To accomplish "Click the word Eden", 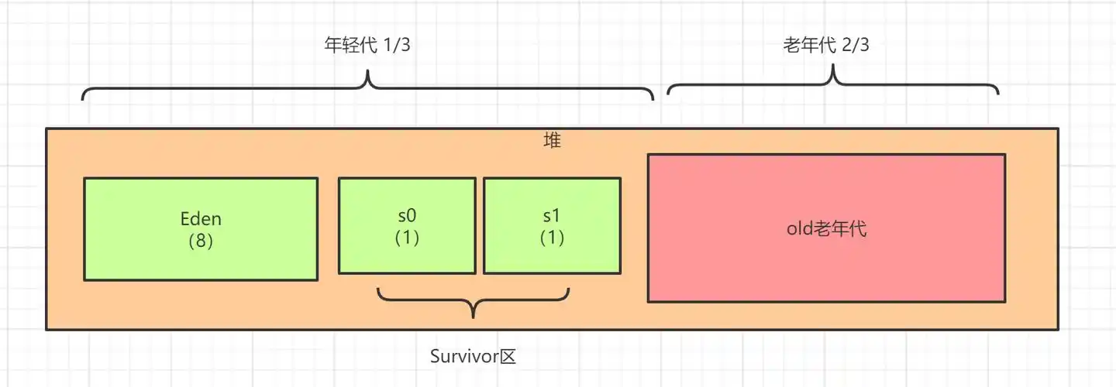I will click(x=201, y=219).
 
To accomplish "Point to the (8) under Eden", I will click(x=201, y=241).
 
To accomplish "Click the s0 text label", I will click(x=407, y=217).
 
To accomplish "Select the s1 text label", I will click(x=552, y=217).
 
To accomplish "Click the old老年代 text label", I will click(x=826, y=229).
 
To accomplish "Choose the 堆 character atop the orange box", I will click(x=552, y=141).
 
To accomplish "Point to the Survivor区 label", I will click(x=473, y=357).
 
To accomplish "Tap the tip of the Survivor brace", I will click(x=474, y=316).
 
